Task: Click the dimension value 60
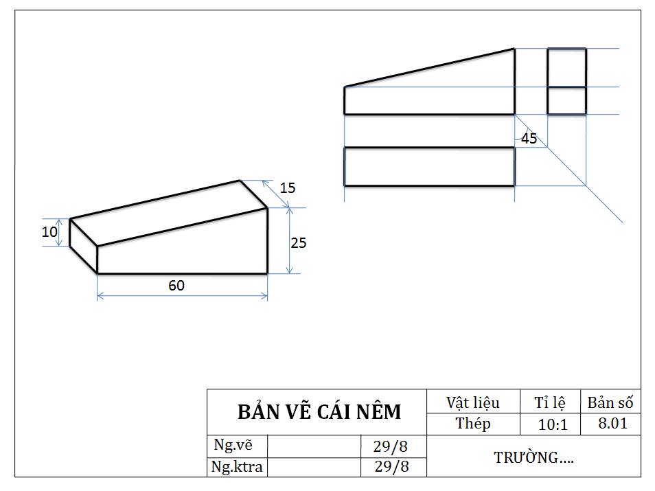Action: tap(176, 285)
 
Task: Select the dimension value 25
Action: tap(299, 242)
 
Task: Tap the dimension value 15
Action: tap(288, 187)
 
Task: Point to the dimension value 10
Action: tap(49, 232)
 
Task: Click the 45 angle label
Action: tap(529, 138)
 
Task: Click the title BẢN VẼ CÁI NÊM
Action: tap(319, 412)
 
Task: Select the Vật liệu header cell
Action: tap(473, 402)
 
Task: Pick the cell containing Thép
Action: tap(473, 423)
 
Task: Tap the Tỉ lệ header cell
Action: tap(551, 402)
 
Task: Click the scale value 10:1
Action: tap(553, 424)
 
